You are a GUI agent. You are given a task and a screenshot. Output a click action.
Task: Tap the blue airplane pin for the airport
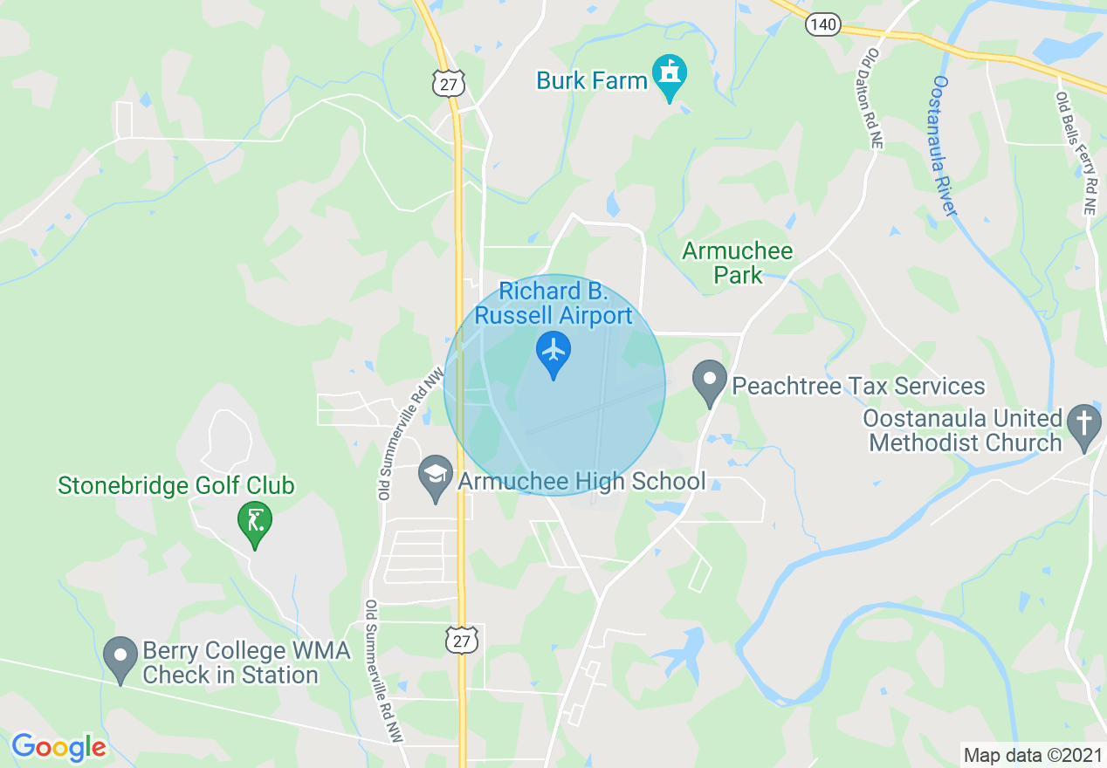pos(553,351)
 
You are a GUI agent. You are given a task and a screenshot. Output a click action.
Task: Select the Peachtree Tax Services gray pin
pos(710,381)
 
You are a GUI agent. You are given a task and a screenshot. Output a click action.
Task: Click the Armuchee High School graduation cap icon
pos(435,477)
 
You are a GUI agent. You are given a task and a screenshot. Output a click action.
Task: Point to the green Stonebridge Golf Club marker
pos(255,522)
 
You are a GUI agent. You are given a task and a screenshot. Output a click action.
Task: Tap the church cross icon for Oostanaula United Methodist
pos(1084,426)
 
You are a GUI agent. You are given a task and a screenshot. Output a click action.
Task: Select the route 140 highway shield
pos(823,24)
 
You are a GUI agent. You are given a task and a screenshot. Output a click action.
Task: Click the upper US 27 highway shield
pos(448,83)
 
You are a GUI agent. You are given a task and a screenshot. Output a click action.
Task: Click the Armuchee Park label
pos(738,264)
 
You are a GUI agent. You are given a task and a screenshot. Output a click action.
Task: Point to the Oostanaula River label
pos(945,146)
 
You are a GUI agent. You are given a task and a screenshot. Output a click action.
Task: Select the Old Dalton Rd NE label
pos(873,98)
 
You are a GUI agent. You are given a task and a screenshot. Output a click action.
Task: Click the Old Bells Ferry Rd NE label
pos(1075,154)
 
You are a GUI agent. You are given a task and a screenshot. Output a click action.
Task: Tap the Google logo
pos(58,747)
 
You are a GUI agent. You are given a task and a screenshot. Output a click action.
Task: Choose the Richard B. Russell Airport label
pos(553,303)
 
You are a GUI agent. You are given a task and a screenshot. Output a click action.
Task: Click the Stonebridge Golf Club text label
pos(176,485)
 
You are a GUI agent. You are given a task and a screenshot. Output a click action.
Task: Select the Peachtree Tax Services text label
pos(858,386)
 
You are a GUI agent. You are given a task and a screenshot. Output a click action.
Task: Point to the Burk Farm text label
pos(592,81)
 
